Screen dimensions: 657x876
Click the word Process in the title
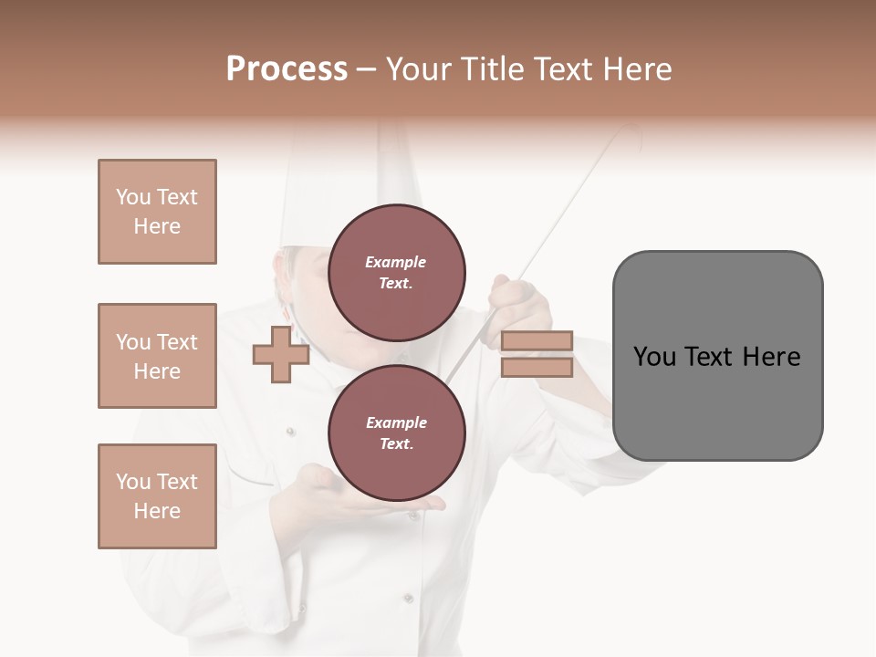tap(287, 69)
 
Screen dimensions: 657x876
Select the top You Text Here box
tap(157, 212)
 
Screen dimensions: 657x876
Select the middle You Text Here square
tap(157, 356)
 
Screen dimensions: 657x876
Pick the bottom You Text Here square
tap(157, 496)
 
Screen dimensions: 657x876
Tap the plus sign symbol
tap(280, 356)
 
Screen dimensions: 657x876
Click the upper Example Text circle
tap(396, 273)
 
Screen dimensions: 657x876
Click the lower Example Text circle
tap(396, 433)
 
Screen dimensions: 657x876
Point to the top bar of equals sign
tap(537, 341)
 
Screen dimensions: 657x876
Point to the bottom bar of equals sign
tap(537, 368)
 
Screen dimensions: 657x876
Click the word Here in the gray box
tap(771, 357)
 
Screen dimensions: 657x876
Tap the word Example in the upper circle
tap(396, 262)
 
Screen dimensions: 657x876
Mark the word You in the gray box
tap(655, 357)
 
